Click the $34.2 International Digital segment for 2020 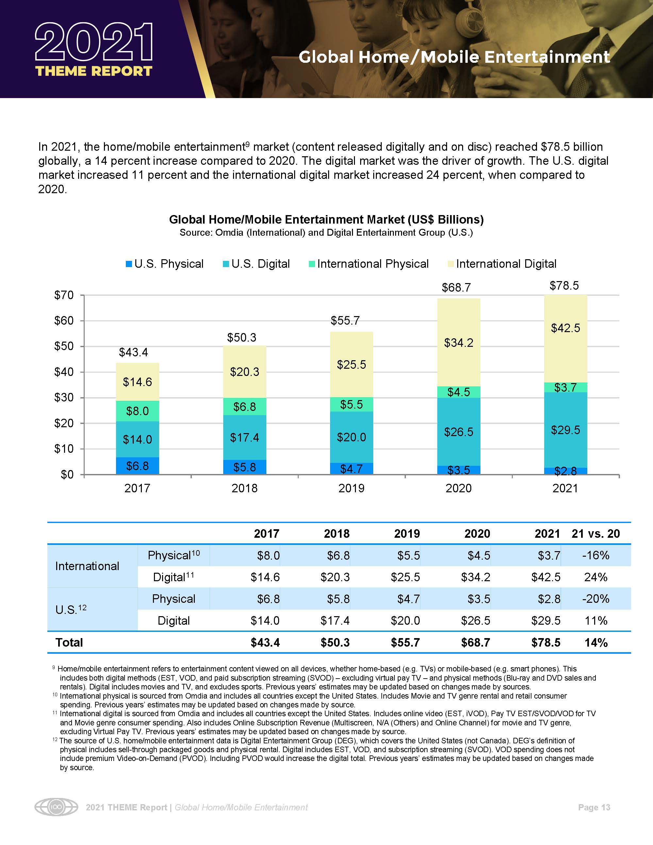[x=459, y=343]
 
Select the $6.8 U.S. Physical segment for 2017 [x=137, y=466]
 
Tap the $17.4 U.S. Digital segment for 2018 [x=244, y=438]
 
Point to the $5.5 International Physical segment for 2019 [x=351, y=405]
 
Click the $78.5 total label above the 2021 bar [x=564, y=286]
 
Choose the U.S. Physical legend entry [x=164, y=264]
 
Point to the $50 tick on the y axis [x=64, y=346]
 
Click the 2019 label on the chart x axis [x=351, y=488]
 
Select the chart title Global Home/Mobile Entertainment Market [x=326, y=220]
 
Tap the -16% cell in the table [x=595, y=555]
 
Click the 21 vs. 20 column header [x=595, y=533]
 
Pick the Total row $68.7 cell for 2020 [x=476, y=643]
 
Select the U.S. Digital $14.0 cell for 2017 [x=265, y=621]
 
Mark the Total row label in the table [x=69, y=643]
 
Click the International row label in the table [x=88, y=566]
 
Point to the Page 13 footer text [x=594, y=807]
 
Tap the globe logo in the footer [x=56, y=807]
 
